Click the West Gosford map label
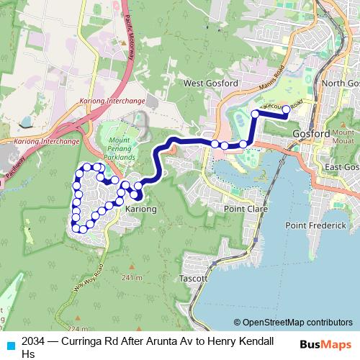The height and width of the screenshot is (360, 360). coord(210,84)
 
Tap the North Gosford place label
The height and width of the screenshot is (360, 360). coord(341,84)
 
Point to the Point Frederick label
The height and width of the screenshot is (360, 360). coord(317,226)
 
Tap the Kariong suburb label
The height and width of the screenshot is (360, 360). coord(140,209)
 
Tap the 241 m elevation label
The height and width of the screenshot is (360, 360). coord(132,277)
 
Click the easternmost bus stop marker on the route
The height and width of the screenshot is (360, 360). coord(286,109)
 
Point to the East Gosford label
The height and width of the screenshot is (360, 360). coord(342,167)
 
